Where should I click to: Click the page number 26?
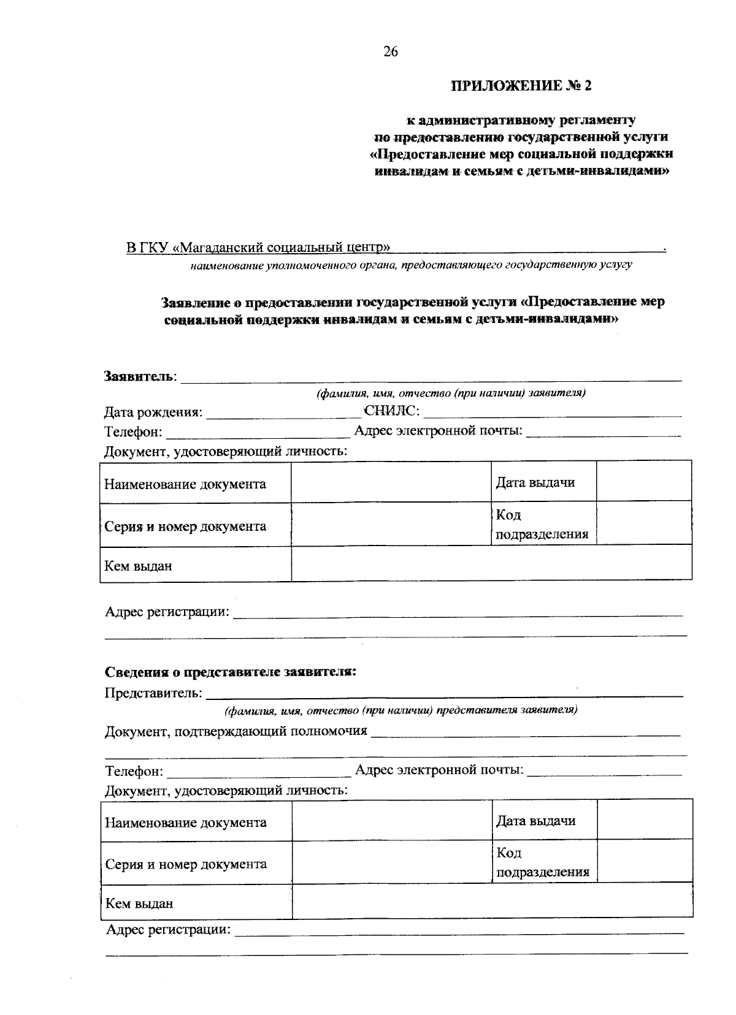(x=391, y=52)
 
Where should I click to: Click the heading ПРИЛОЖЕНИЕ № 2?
(x=521, y=86)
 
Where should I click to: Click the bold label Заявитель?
(x=139, y=375)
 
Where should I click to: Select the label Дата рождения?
(x=153, y=412)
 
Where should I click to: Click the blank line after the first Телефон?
(x=258, y=433)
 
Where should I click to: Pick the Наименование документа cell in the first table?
(x=185, y=484)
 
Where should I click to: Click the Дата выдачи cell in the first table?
(x=535, y=482)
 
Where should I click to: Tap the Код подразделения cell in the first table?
(x=542, y=525)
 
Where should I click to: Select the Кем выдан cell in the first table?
(x=138, y=566)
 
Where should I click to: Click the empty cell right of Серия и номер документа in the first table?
(x=391, y=525)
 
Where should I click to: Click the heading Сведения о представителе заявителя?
(x=231, y=672)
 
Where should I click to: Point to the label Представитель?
(x=153, y=693)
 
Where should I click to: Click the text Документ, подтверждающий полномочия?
(x=236, y=731)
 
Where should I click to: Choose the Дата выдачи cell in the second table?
(x=535, y=821)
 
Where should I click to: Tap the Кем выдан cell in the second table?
(x=139, y=903)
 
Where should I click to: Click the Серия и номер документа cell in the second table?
(x=186, y=864)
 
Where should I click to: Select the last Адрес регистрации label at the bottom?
(x=168, y=930)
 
